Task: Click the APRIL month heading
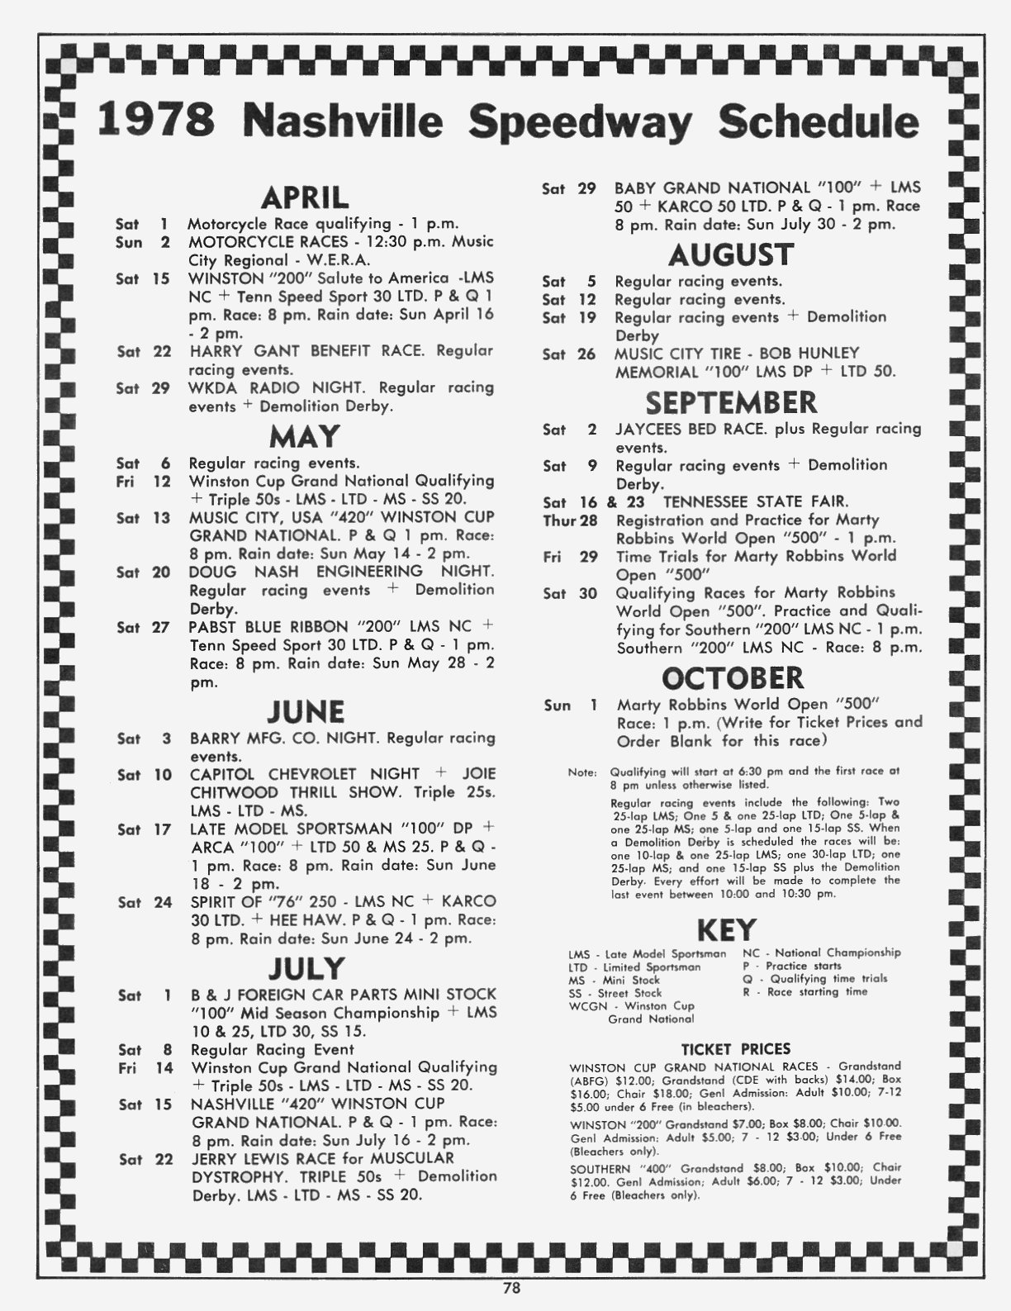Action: pyautogui.click(x=305, y=198)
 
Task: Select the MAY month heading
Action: pyautogui.click(x=304, y=436)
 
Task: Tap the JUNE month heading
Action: pyautogui.click(x=306, y=712)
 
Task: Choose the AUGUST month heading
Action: pyautogui.click(x=731, y=255)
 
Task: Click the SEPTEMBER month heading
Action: pyautogui.click(x=731, y=402)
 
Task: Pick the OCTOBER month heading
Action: pyautogui.click(x=733, y=677)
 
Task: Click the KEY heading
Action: pyautogui.click(x=727, y=930)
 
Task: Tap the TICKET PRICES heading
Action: pyautogui.click(x=735, y=1049)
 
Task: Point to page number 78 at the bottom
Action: pyautogui.click(x=511, y=1286)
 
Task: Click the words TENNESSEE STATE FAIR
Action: pyautogui.click(x=755, y=501)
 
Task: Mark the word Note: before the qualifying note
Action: pyautogui.click(x=581, y=772)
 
